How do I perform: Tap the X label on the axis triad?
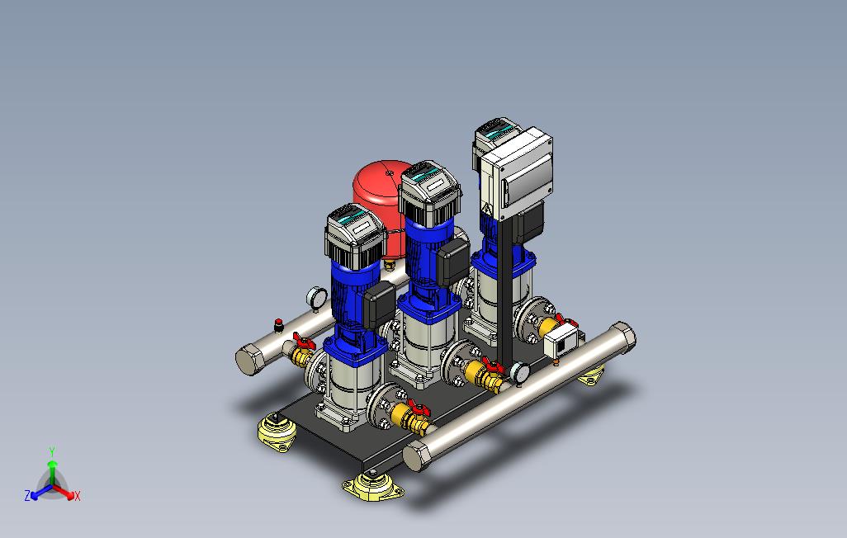(78, 496)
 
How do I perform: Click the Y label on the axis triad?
(52, 451)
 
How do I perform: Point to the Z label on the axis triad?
(27, 495)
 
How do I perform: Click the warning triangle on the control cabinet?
(487, 209)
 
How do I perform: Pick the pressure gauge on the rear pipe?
(316, 298)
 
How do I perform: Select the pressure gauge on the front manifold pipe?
(519, 373)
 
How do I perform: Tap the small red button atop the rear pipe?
(279, 325)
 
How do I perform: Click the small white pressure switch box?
(561, 341)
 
